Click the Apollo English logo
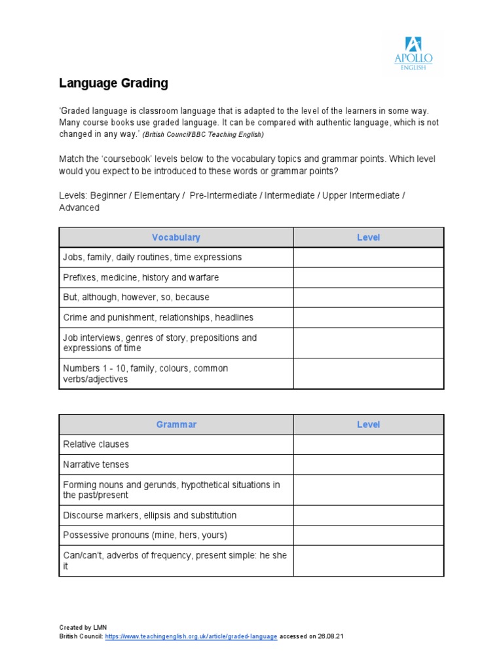coord(413,54)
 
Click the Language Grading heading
coord(113,83)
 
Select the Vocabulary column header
coord(176,237)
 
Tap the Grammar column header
coord(176,425)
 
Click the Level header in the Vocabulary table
coord(368,237)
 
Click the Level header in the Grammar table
coord(368,425)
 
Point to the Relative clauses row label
coord(96,444)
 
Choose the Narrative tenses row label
coord(96,465)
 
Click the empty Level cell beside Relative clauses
coord(368,444)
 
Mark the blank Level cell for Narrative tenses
coord(368,465)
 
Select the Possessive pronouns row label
coord(145,535)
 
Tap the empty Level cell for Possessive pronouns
coord(368,535)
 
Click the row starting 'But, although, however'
coord(136,297)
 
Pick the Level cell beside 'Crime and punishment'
coord(368,318)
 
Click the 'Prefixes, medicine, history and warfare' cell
coord(141,278)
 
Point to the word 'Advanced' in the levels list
coord(79,208)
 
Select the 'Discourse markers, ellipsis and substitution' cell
coord(150,516)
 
